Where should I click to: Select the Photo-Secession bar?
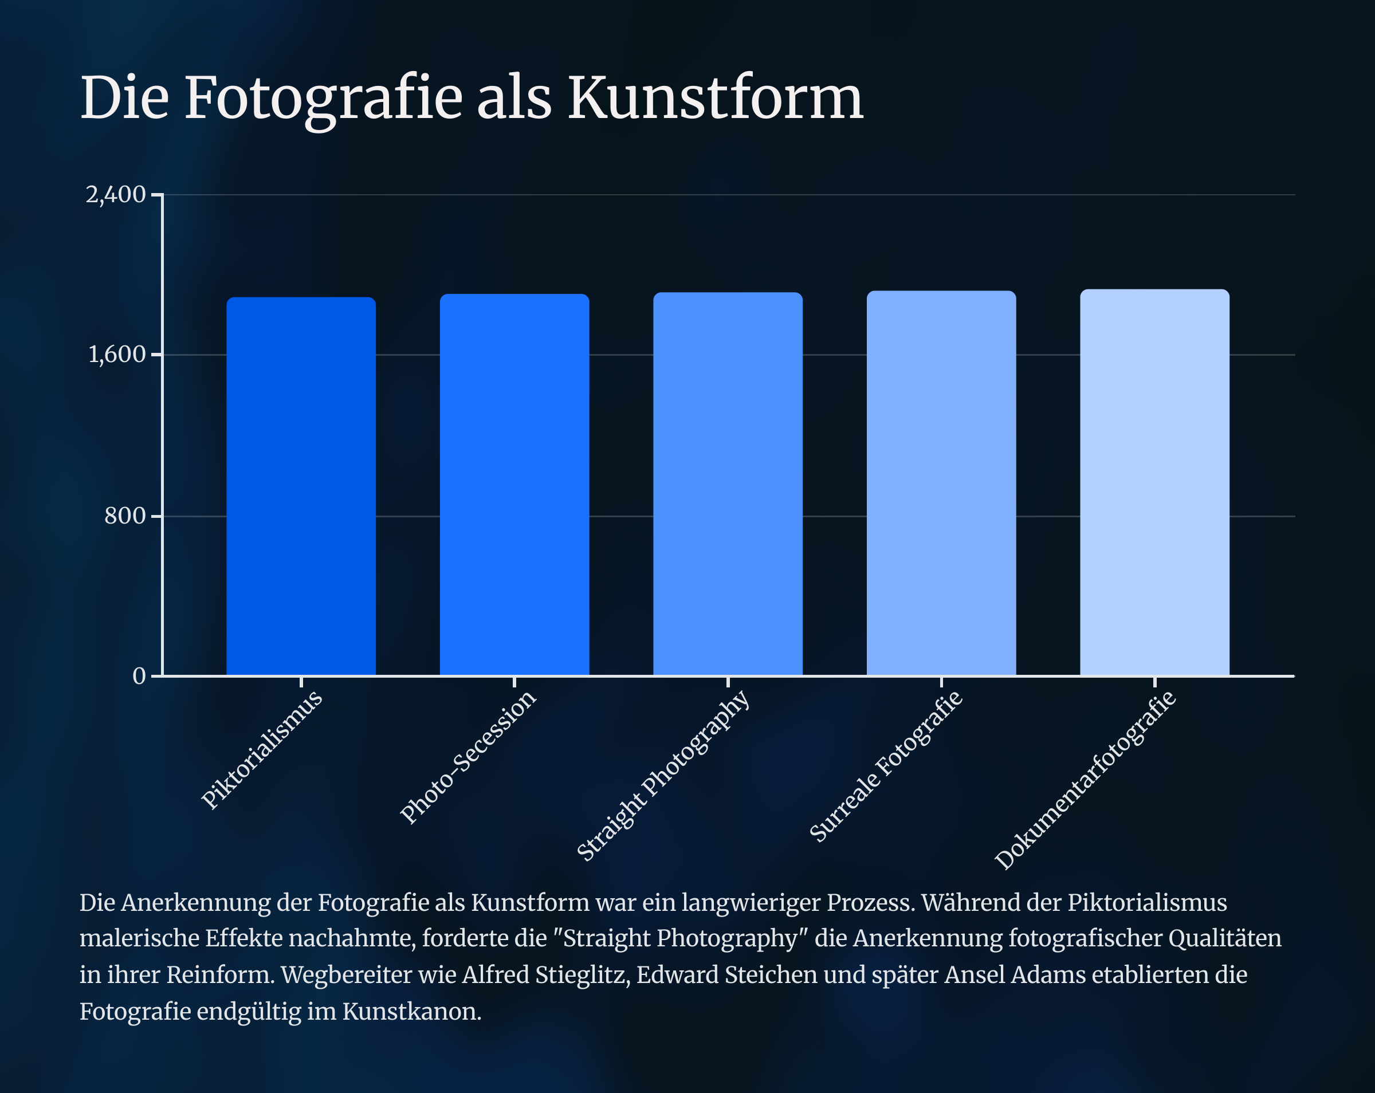(514, 485)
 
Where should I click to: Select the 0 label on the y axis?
(139, 676)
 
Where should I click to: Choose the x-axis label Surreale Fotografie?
(886, 766)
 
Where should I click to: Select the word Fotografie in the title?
(323, 99)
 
